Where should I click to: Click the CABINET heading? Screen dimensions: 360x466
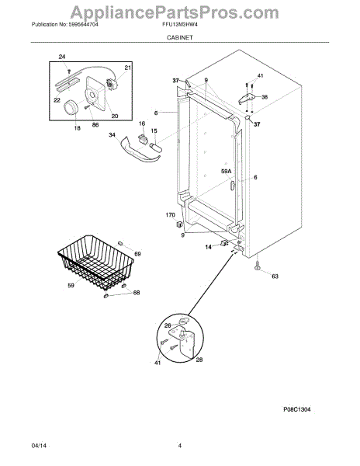click(x=179, y=37)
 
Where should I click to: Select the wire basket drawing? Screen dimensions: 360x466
click(x=96, y=263)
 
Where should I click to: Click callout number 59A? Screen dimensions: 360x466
click(x=226, y=172)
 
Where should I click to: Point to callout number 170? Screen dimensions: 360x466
click(x=171, y=215)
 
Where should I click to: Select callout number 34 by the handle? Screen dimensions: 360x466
click(x=112, y=135)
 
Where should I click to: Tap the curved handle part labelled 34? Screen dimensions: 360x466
click(x=140, y=151)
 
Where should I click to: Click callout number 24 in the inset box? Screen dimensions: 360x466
click(x=62, y=57)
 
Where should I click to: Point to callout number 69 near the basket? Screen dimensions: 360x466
click(x=137, y=254)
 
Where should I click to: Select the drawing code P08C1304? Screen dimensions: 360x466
click(x=297, y=409)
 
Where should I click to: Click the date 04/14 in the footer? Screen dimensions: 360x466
click(x=39, y=446)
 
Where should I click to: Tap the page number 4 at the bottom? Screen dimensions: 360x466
click(x=179, y=446)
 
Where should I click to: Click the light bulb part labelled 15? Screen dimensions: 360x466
click(x=155, y=148)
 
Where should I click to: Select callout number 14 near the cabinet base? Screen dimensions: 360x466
click(x=209, y=247)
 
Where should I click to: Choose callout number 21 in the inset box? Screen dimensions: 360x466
click(x=127, y=68)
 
